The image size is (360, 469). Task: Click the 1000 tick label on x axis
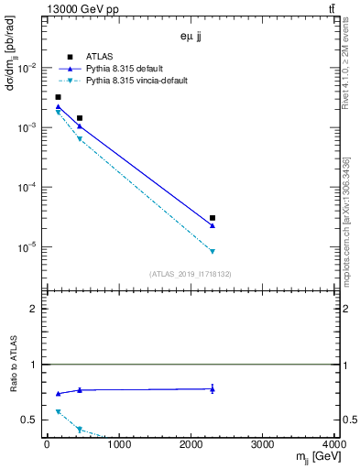118,444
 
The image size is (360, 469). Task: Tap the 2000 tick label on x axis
191,444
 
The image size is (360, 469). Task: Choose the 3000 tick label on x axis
263,444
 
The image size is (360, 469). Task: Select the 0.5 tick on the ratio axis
30,420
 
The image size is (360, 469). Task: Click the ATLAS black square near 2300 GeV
213,218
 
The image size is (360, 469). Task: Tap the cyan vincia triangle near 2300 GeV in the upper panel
213,251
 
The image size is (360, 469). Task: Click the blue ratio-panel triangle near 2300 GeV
213,389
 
